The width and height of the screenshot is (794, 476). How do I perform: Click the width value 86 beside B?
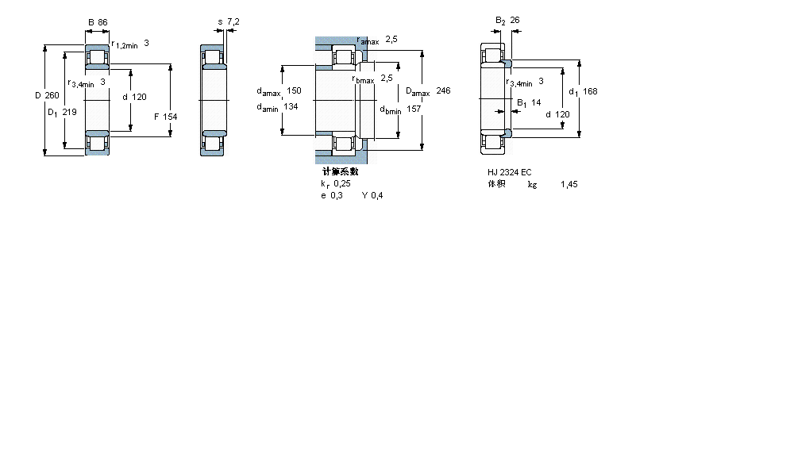coord(102,22)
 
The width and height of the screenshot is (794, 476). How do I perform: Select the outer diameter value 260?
coord(52,96)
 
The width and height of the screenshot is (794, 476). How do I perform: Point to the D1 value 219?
coord(69,112)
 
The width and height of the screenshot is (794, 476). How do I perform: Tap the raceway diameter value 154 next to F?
coord(170,117)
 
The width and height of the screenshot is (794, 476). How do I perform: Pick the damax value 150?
coord(294,90)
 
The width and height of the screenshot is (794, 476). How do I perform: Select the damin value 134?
coord(291,107)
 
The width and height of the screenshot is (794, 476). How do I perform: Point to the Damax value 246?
coord(443,91)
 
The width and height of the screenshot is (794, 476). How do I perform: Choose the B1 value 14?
coord(536,102)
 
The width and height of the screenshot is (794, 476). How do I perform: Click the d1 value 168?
coord(590,91)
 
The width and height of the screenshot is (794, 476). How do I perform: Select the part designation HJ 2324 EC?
coord(510,172)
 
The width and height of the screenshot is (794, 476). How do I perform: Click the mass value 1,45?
coord(569,184)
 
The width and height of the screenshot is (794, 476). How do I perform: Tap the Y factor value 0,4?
coord(376,196)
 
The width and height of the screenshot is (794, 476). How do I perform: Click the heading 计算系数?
coord(340,171)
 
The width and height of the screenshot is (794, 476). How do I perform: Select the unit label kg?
coord(531,184)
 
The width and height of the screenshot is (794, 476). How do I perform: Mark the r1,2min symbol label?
coord(125,45)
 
